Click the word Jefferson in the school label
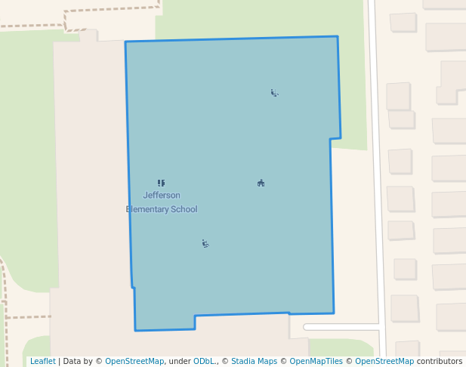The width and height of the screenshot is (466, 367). (162, 196)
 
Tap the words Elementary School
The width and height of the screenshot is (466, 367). (162, 209)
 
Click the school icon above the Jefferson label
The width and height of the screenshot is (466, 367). (161, 183)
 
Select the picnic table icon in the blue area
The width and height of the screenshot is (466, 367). (261, 183)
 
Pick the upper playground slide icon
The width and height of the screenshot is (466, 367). (274, 93)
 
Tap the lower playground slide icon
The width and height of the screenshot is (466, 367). (205, 243)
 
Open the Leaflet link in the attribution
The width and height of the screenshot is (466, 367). (42, 361)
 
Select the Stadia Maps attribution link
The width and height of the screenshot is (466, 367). (254, 361)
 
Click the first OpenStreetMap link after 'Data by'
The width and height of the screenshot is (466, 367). (134, 361)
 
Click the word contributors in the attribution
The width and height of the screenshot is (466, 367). (440, 361)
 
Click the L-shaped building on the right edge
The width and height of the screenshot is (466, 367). (451, 83)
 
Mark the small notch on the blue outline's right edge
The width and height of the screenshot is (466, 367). (335, 139)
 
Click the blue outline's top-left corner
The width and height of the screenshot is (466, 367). (125, 42)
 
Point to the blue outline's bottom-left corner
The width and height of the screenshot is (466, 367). (136, 330)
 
